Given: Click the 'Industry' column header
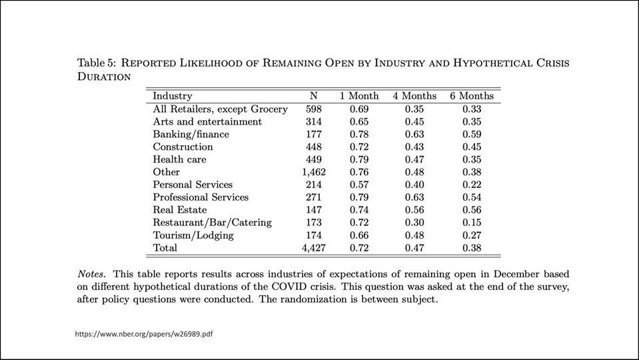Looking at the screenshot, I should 173,96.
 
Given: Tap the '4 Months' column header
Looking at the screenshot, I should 414,96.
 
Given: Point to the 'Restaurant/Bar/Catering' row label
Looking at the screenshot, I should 212,222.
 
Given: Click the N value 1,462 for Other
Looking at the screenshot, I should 313,172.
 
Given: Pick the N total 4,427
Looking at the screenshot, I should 313,247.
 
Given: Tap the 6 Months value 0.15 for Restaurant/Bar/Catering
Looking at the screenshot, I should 472,222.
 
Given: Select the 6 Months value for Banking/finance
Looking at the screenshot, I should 472,134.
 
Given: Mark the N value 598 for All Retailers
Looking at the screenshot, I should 314,109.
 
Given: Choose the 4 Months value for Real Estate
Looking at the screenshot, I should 414,210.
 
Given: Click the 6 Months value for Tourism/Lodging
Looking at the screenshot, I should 472,235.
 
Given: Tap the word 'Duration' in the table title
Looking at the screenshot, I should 103,76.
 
